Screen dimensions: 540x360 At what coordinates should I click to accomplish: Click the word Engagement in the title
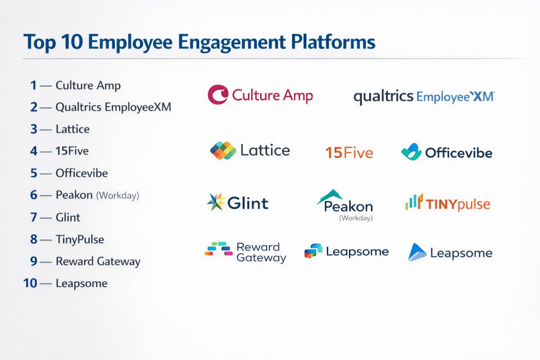pos(232,43)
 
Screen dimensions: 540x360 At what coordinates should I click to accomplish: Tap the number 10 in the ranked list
pos(30,283)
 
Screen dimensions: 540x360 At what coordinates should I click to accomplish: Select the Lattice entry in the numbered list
pos(73,129)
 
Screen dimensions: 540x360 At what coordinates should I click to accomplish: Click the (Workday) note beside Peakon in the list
pos(118,196)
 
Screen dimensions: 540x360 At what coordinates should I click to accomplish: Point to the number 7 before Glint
pos(33,217)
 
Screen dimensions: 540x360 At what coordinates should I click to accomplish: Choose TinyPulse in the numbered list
pos(80,239)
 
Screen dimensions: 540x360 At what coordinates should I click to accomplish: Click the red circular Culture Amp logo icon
pos(218,95)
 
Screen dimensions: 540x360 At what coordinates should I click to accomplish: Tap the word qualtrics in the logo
pos(383,97)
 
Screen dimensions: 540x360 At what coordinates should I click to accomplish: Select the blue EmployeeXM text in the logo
pos(455,97)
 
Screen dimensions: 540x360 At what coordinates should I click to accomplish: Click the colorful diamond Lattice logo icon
pos(223,151)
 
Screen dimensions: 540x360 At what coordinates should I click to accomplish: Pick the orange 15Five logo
pos(349,153)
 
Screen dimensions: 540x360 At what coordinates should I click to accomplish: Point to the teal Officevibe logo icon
pos(411,152)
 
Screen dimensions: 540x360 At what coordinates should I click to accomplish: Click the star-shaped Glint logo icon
pos(216,202)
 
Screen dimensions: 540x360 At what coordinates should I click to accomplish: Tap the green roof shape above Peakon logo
pos(330,196)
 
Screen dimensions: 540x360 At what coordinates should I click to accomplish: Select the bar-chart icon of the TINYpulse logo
pos(414,202)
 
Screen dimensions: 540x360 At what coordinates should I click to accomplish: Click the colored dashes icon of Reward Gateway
pos(219,249)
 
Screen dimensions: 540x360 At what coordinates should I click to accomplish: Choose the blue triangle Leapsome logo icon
pos(417,252)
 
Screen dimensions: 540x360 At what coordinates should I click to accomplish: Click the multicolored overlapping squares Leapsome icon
pos(313,251)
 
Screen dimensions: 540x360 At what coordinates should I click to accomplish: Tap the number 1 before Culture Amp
pos(33,85)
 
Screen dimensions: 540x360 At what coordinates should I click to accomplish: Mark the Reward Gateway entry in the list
pos(98,261)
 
